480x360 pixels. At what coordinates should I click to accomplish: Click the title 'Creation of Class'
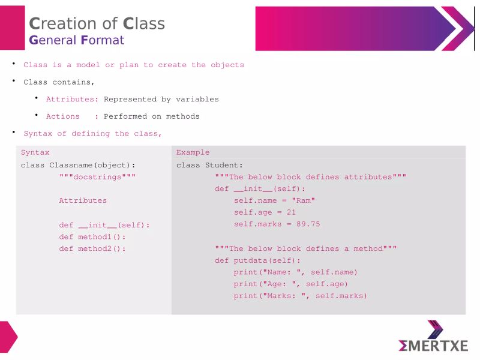[x=97, y=23]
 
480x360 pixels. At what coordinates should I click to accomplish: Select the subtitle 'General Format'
[x=77, y=40]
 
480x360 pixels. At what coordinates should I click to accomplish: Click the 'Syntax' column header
[x=35, y=152]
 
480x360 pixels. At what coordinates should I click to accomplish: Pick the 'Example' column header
[x=193, y=152]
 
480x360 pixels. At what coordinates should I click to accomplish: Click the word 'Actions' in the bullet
[x=63, y=116]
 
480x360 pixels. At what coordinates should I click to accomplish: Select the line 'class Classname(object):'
[x=78, y=165]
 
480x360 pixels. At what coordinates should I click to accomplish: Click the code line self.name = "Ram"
[x=274, y=200]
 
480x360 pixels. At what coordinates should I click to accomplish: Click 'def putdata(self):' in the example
[x=258, y=260]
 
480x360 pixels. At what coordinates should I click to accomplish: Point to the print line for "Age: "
[x=291, y=284]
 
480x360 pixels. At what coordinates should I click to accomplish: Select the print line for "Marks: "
[x=301, y=296]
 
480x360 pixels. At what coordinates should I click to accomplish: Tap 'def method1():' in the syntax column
[x=92, y=236]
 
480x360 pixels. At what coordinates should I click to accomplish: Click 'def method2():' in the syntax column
[x=92, y=248]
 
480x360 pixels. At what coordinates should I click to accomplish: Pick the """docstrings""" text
[x=97, y=177]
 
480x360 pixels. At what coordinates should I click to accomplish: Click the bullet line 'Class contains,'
[x=59, y=82]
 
